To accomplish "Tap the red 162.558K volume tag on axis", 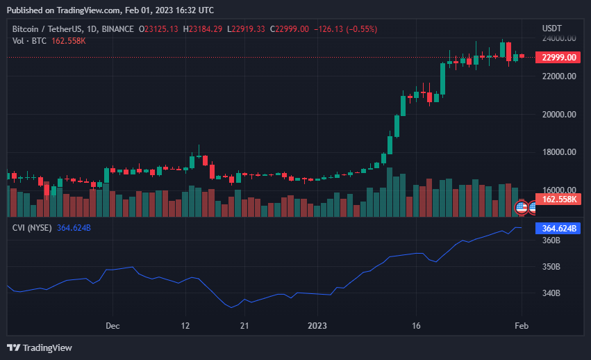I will click(560, 199).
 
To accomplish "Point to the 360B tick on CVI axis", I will click(551, 240).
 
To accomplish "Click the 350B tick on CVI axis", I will click(551, 267).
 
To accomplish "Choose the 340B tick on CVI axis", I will click(551, 293).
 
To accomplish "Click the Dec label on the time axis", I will click(113, 325).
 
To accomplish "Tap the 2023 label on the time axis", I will click(317, 325).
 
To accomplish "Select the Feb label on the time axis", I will click(522, 325).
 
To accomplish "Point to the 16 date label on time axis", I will click(416, 325).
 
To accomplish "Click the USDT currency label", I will click(552, 28).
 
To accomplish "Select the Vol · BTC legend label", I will click(29, 41).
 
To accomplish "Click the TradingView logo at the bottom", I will click(40, 347).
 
